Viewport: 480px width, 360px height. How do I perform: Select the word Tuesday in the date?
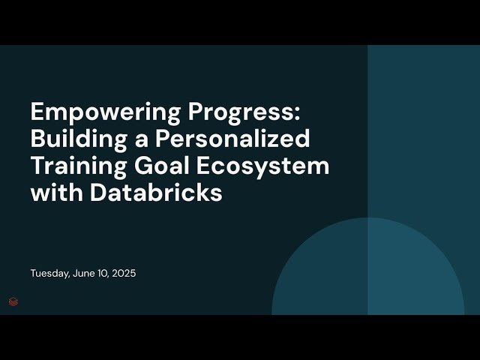click(49, 274)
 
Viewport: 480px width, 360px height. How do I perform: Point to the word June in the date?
click(85, 274)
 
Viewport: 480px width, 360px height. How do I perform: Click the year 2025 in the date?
click(124, 274)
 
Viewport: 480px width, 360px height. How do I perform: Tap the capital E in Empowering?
click(37, 112)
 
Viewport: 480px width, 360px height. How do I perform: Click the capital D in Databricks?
click(97, 191)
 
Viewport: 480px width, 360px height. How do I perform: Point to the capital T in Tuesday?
click(33, 274)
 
